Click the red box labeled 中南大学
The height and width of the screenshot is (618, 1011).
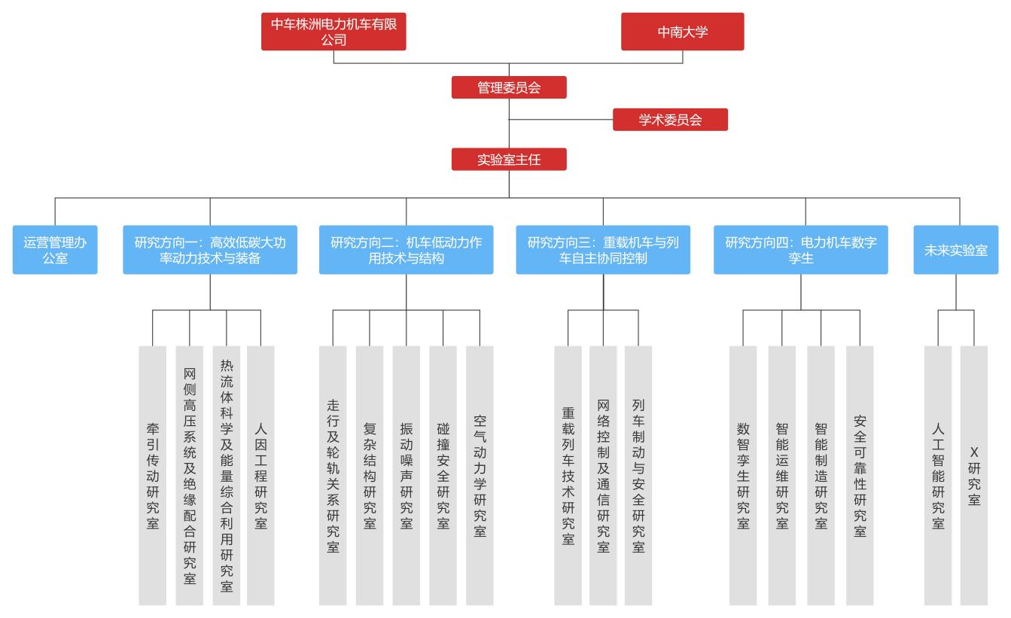683,32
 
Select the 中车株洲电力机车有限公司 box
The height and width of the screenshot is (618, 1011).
333,32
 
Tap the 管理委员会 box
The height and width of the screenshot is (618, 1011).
509,87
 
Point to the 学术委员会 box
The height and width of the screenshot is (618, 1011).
670,120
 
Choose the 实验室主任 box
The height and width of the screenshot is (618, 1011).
509,160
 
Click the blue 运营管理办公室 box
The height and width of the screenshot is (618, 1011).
55,250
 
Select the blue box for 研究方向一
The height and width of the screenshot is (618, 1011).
210,250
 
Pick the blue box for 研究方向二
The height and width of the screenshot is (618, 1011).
407,250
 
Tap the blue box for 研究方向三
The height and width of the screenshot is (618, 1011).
603,250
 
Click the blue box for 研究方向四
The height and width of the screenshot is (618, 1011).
801,250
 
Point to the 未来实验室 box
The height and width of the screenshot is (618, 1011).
956,250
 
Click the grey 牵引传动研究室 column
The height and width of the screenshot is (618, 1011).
153,475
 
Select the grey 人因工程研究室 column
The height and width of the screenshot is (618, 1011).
261,475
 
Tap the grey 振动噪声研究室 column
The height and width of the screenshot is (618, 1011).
407,475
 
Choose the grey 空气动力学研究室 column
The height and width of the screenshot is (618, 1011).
480,475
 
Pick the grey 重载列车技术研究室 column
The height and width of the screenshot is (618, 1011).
568,475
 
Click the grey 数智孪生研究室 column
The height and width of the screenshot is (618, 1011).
743,475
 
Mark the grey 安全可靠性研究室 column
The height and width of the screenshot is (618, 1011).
860,475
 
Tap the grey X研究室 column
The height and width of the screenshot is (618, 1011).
974,475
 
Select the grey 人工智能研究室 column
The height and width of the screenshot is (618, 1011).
938,475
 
